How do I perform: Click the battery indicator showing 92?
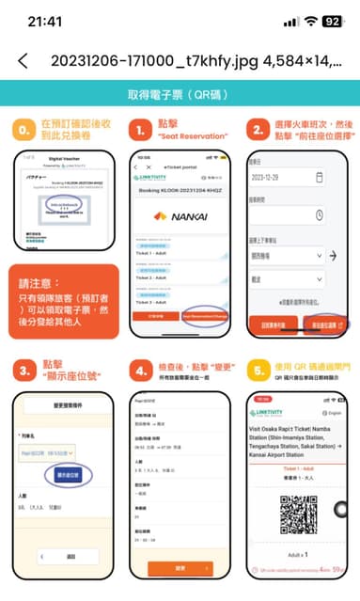[x=332, y=21]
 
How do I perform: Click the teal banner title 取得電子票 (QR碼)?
[x=180, y=95]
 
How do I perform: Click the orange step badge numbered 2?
[x=257, y=127]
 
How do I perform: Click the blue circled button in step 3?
[x=63, y=475]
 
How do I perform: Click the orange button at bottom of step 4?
[x=180, y=569]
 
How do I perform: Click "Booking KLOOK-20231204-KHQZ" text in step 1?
[x=180, y=190]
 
